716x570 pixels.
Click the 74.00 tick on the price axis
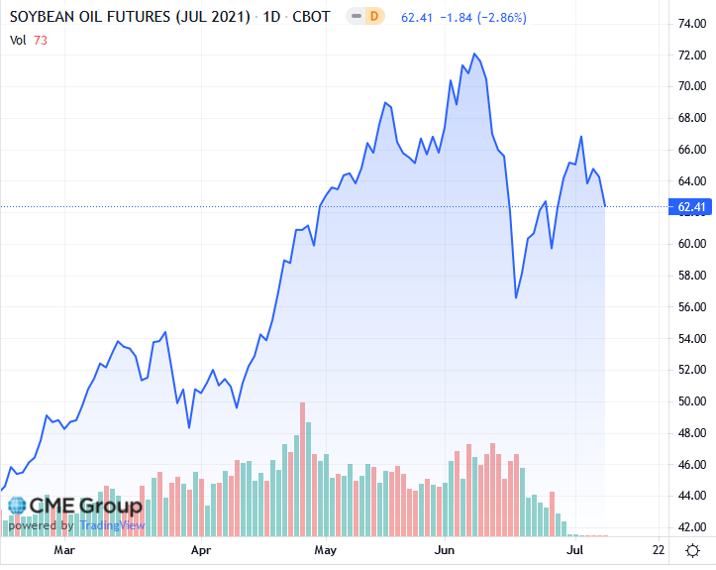click(x=690, y=23)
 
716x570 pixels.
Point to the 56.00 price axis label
click(x=690, y=306)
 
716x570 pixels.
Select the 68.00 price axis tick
click(x=690, y=117)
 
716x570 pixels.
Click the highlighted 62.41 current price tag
click(x=690, y=206)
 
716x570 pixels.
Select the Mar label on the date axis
click(x=64, y=549)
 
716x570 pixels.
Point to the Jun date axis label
click(x=445, y=549)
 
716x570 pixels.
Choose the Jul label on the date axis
click(x=573, y=549)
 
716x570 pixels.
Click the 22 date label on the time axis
click(x=659, y=549)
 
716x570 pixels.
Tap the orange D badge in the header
click(x=373, y=17)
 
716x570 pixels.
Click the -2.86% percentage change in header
click(x=501, y=18)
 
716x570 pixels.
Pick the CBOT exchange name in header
click(x=310, y=18)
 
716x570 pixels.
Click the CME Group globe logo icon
click(x=16, y=506)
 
